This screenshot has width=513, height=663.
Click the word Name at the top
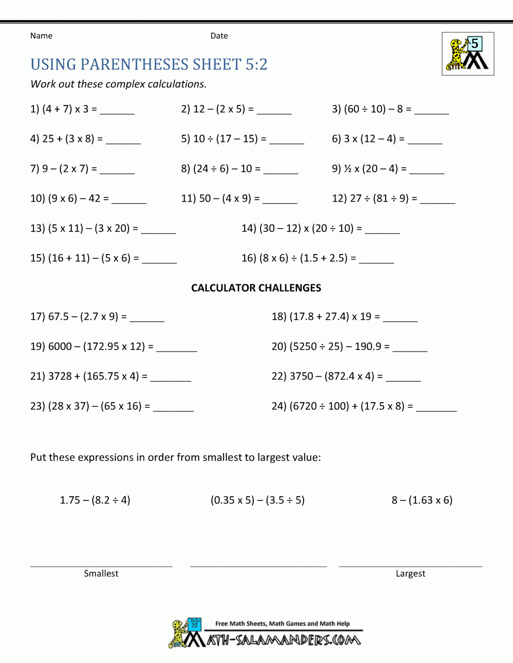click(x=41, y=36)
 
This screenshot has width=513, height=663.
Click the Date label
click(x=219, y=36)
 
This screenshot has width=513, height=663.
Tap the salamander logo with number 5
click(x=468, y=54)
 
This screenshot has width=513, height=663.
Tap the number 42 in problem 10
click(x=94, y=198)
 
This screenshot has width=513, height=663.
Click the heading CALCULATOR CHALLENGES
click(x=256, y=288)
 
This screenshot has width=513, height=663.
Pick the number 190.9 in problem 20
click(x=368, y=346)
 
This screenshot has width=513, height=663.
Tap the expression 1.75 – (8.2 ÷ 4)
click(x=95, y=500)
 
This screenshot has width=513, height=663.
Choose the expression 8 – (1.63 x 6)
click(x=422, y=500)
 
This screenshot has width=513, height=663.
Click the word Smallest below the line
click(x=101, y=573)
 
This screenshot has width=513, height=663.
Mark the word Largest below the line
click(x=410, y=573)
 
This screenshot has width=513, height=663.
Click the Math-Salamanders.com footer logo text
click(x=284, y=640)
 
